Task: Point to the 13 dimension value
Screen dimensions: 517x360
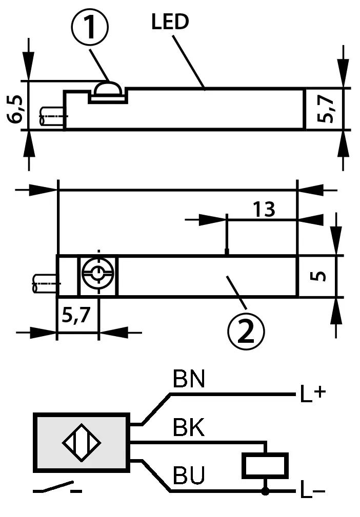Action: click(x=264, y=209)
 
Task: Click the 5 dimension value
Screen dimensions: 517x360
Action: click(x=319, y=276)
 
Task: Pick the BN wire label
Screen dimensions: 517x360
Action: click(x=189, y=380)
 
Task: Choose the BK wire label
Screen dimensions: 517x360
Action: click(x=189, y=428)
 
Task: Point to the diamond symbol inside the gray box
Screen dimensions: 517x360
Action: click(x=81, y=442)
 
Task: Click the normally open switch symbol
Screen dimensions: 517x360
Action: click(x=56, y=488)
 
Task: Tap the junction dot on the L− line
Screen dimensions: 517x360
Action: click(x=265, y=492)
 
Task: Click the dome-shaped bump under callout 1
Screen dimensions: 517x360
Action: click(x=108, y=90)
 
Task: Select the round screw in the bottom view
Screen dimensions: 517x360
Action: click(x=97, y=275)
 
